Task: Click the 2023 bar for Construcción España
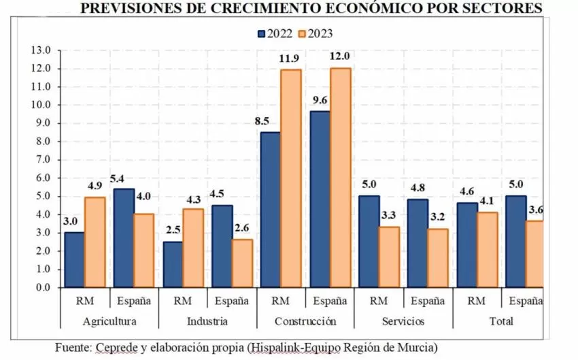pos(340,178)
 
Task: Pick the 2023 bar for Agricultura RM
pos(95,242)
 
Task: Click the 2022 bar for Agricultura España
pos(124,238)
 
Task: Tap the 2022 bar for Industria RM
pos(173,264)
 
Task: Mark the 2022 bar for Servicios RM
pos(368,242)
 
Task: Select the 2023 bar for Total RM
pos(488,250)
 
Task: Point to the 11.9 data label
pos(290,59)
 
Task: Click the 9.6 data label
pos(319,101)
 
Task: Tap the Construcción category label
pos(305,321)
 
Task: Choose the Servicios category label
pos(404,321)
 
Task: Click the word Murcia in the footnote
pos(418,347)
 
